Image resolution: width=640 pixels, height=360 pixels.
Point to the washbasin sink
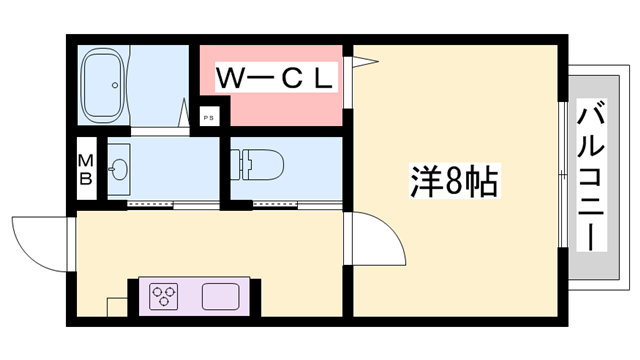(117, 166)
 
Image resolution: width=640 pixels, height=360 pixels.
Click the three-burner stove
(164, 297)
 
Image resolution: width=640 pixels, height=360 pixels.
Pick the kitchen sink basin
(222, 297)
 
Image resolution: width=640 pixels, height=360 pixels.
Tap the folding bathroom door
(187, 112)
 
